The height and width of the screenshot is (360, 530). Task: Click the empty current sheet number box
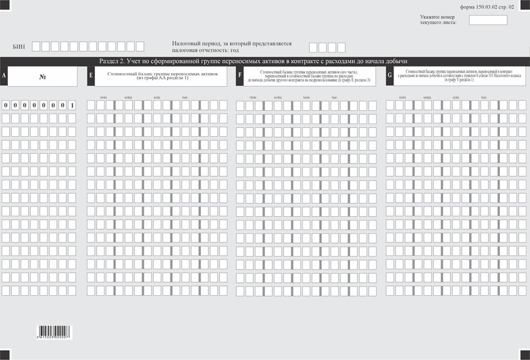click(488, 20)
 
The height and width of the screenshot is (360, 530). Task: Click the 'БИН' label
click(19, 47)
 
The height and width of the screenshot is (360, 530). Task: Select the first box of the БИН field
click(37, 47)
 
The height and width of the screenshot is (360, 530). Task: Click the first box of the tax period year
click(313, 48)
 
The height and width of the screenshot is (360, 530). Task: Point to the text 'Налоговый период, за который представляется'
click(232, 43)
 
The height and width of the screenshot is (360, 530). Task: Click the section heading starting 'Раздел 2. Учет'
click(253, 61)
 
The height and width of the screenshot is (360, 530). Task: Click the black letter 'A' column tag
click(4, 76)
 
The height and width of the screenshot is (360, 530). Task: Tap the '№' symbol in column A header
click(43, 77)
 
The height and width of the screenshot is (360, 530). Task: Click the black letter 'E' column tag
click(91, 76)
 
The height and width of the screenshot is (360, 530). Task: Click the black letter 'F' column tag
click(240, 76)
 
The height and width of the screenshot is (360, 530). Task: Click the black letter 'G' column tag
click(390, 76)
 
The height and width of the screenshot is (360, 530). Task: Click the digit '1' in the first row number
click(72, 105)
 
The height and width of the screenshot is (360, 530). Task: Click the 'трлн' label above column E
click(103, 98)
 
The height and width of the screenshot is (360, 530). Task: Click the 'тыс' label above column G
click(483, 98)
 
